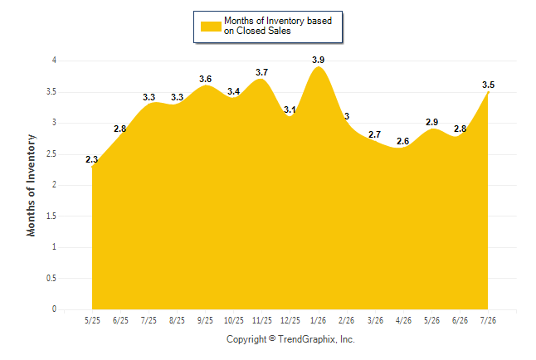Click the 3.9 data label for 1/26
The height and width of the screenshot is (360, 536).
coord(318,61)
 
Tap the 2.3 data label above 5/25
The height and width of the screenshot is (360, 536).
coord(91,159)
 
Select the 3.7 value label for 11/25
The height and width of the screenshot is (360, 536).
coord(262,72)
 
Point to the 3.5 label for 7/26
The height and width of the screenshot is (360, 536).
coord(488,85)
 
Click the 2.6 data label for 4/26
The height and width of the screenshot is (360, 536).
coord(402,141)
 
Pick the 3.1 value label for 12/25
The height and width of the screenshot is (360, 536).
coord(290,109)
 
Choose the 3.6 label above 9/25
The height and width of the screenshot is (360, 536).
coord(206,79)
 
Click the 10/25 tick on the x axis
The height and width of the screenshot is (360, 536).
coord(234,320)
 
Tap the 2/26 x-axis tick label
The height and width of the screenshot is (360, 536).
coord(346,320)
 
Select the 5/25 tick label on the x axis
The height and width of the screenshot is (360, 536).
coord(92,320)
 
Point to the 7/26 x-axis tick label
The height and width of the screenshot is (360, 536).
coord(488,320)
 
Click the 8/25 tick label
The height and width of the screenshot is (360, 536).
coord(177,320)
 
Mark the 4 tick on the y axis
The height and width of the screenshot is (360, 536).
coord(54,61)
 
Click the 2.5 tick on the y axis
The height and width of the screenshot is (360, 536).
coord(51,153)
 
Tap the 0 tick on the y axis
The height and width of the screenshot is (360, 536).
coord(54,309)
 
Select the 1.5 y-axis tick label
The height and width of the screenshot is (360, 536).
coord(51,216)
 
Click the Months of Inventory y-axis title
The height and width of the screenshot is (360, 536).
coord(31,185)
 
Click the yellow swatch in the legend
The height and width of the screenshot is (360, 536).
coord(211,27)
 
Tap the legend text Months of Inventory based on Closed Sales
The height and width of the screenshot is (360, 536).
coord(278,26)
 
